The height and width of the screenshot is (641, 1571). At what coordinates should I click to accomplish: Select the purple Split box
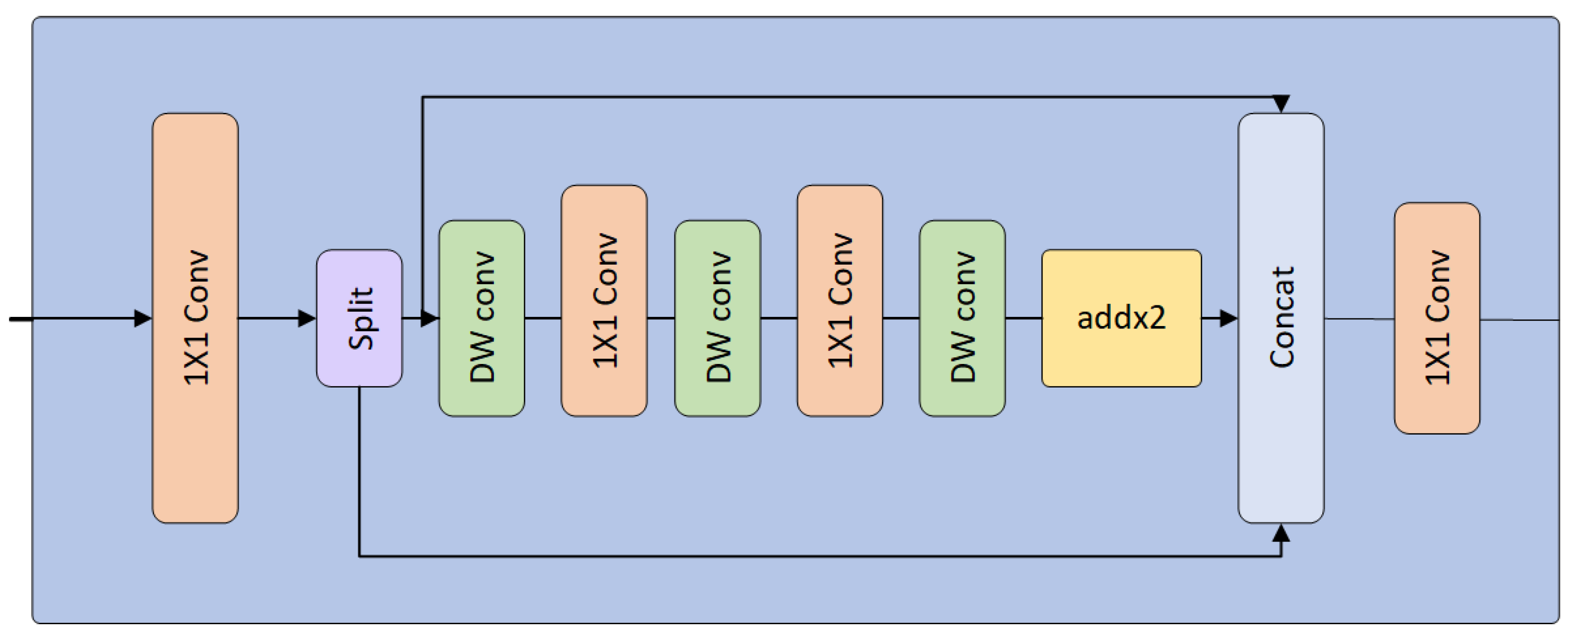359,318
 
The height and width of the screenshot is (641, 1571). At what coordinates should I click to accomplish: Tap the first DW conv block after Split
482,318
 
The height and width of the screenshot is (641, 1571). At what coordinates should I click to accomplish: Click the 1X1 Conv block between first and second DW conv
604,301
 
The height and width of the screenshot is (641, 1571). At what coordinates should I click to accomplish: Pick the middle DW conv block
717,318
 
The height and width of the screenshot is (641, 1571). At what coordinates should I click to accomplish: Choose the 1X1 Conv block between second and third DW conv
840,301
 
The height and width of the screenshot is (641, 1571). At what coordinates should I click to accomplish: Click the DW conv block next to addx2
962,318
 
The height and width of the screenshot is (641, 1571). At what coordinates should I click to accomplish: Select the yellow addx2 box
1122,318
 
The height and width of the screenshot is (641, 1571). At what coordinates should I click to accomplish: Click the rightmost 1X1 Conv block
1437,318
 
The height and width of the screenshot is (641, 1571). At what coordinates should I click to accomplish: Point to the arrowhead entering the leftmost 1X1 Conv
143,318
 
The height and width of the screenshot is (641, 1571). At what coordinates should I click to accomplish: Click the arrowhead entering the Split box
307,318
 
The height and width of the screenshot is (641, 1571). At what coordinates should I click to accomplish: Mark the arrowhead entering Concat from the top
1281,104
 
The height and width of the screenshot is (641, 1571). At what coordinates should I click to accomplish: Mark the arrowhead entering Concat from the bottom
1281,533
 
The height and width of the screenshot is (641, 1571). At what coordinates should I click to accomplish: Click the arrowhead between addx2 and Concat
1228,318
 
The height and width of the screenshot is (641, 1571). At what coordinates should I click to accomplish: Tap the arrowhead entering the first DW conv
429,318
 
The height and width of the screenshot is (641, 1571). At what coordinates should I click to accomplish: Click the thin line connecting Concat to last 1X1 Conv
1359,318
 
